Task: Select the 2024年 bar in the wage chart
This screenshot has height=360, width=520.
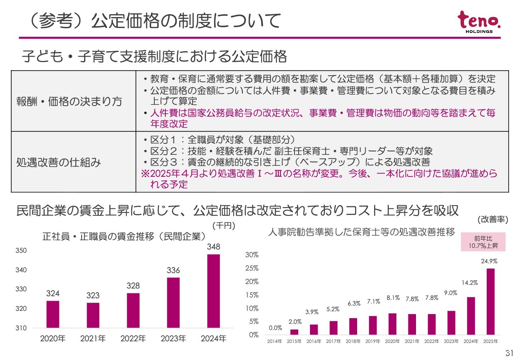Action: (213, 291)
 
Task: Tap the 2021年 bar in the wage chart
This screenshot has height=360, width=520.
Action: (93, 315)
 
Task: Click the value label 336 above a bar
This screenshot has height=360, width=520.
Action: (173, 270)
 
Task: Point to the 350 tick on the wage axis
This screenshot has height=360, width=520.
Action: (22, 251)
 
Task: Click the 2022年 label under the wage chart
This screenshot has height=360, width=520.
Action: (133, 338)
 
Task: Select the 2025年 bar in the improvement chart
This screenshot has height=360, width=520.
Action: (491, 301)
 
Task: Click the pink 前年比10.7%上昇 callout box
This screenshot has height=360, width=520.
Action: (483, 242)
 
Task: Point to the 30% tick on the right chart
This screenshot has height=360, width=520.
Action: (252, 255)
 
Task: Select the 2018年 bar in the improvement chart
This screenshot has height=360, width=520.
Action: (353, 326)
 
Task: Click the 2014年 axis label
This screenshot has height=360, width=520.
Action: (275, 341)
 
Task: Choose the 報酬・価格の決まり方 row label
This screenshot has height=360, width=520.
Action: (69, 101)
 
